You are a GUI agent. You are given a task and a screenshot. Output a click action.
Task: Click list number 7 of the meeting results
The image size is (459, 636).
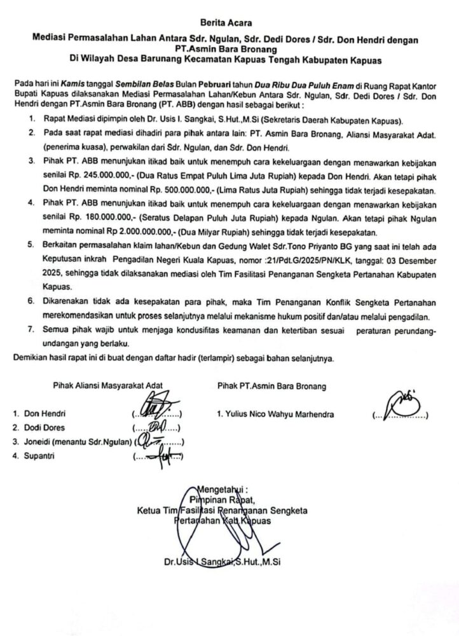pyautogui.click(x=31, y=331)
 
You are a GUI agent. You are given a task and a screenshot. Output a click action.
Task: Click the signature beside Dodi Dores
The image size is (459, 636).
pyautogui.click(x=156, y=427)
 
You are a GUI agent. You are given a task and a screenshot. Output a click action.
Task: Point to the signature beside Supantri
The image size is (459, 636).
pyautogui.click(x=159, y=455)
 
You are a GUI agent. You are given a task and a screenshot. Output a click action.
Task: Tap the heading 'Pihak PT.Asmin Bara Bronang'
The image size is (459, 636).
pyautogui.click(x=271, y=386)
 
